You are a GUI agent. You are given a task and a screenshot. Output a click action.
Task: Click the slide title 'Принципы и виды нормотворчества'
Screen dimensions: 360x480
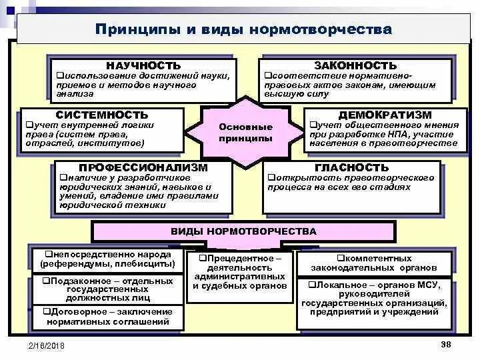pyautogui.click(x=243, y=30)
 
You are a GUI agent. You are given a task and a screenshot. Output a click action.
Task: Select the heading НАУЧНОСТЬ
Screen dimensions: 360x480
pyautogui.click(x=143, y=65)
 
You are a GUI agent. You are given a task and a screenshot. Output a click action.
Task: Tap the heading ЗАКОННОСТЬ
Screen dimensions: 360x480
pyautogui.click(x=355, y=65)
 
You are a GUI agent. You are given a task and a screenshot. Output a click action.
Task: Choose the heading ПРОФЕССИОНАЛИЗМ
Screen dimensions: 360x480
pyautogui.click(x=143, y=167)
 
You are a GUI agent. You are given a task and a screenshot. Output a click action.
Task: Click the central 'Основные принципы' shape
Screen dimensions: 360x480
pyautogui.click(x=246, y=132)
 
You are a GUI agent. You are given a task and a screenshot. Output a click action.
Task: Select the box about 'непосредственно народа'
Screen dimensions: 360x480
pyautogui.click(x=107, y=259)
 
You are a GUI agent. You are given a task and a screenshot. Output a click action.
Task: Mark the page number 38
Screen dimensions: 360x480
pyautogui.click(x=446, y=343)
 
